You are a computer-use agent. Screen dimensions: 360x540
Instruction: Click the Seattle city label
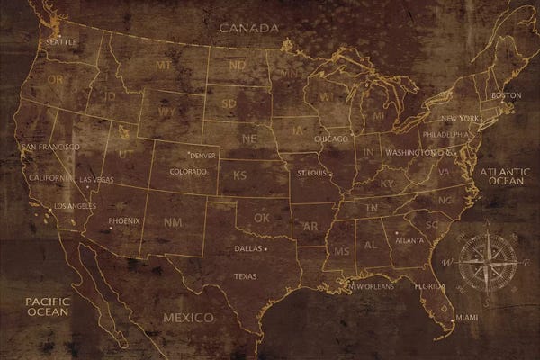pos(61,42)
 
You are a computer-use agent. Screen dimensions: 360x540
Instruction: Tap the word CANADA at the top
pos(249,28)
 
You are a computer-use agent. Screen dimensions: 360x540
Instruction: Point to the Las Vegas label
pos(97,180)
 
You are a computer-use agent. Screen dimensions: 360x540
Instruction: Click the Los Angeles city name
pos(76,206)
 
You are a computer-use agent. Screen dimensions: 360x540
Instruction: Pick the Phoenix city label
pos(124,220)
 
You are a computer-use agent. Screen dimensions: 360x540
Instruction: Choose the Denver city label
pos(203,156)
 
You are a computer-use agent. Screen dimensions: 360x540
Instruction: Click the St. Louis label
pos(312,170)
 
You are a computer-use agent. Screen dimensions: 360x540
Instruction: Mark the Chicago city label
pos(331,139)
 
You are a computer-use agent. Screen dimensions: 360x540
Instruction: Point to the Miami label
pos(466,318)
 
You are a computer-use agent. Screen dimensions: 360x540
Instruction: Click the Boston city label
pos(506,95)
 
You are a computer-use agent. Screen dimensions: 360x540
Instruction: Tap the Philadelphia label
pos(446,134)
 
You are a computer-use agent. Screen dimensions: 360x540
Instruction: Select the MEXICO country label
pos(188,318)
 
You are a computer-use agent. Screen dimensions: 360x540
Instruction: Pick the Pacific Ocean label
pos(47,306)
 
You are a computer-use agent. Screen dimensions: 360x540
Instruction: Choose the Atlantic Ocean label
pos(505,175)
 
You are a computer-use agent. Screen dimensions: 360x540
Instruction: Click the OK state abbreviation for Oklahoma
pos(261,218)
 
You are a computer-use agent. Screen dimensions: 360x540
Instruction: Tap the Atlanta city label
pos(409,240)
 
